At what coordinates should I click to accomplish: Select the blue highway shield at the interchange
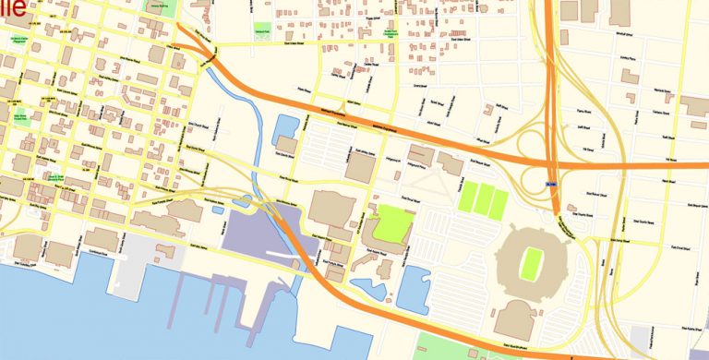click(552, 185)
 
